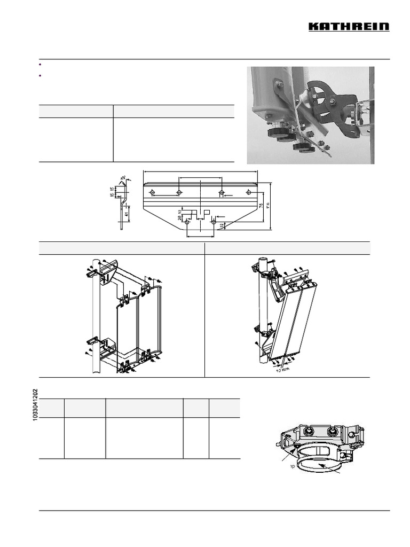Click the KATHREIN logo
[350, 27]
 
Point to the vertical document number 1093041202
[36, 405]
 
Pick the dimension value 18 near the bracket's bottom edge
[222, 225]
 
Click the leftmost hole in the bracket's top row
[152, 192]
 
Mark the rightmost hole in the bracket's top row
[248, 192]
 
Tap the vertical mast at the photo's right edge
[370, 115]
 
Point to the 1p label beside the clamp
[293, 466]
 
